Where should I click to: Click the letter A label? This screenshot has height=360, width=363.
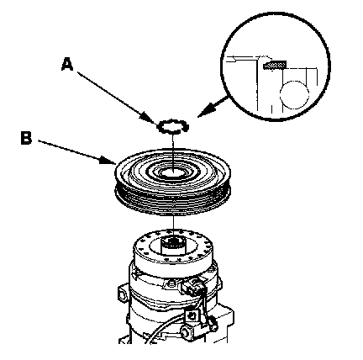pyautogui.click(x=67, y=64)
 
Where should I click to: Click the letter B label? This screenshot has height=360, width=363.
pyautogui.click(x=26, y=138)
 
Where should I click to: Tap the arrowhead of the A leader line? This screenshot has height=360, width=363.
pyautogui.click(x=149, y=119)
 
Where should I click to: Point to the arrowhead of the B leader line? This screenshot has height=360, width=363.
pyautogui.click(x=108, y=161)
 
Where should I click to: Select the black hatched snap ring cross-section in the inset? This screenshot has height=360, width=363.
pyautogui.click(x=275, y=66)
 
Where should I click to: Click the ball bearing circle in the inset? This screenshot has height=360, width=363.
pyautogui.click(x=294, y=95)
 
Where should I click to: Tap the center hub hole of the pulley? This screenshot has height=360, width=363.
pyautogui.click(x=173, y=172)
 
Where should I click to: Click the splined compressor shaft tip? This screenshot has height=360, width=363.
pyautogui.click(x=173, y=243)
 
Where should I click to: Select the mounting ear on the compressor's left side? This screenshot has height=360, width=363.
pyautogui.click(x=123, y=294)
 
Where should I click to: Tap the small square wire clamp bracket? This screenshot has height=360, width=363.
pyautogui.click(x=192, y=315)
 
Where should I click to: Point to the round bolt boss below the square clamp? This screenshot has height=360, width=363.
pyautogui.click(x=186, y=332)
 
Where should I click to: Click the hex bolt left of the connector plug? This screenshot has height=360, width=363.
pyautogui.click(x=170, y=285)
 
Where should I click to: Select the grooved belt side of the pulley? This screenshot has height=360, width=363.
pyautogui.click(x=173, y=200)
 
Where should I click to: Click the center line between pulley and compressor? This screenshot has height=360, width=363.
pyautogui.click(x=174, y=222)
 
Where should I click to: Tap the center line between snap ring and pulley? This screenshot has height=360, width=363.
pyautogui.click(x=174, y=151)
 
